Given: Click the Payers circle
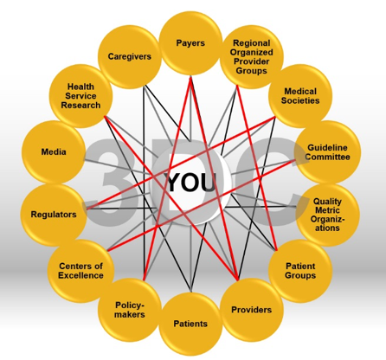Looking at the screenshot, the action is [x=190, y=43].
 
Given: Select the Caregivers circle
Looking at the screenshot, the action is [x=130, y=56].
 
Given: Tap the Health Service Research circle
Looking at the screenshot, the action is [x=80, y=96].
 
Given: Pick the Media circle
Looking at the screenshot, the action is [x=54, y=151].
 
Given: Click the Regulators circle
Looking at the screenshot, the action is [x=54, y=215].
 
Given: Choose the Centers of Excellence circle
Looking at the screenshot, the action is [x=80, y=271].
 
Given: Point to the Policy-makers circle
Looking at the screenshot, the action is [x=130, y=310].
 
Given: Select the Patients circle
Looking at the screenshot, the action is [x=190, y=324].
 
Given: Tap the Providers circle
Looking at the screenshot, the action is [x=252, y=310].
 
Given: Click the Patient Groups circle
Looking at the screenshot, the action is [x=300, y=271].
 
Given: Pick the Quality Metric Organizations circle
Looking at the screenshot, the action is [x=328, y=215].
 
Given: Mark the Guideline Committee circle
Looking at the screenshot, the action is [x=328, y=152].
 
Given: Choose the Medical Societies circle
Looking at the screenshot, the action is [x=300, y=96].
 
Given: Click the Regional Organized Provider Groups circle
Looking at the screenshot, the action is [x=252, y=56].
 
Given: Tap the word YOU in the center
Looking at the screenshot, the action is [x=192, y=183].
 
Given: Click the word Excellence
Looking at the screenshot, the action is [x=80, y=275].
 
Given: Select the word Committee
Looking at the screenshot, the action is [x=328, y=157].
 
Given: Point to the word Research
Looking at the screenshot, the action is [x=80, y=106].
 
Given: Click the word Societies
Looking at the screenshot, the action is [x=300, y=100].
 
